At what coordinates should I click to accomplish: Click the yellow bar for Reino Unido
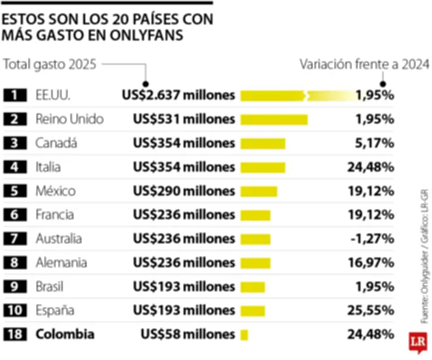click(x=274, y=119)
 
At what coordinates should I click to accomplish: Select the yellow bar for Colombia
click(x=244, y=335)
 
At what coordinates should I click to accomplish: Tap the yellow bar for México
click(x=259, y=191)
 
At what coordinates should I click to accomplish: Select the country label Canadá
click(x=56, y=143)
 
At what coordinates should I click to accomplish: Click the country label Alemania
click(x=61, y=263)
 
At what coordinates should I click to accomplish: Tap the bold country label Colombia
click(x=65, y=335)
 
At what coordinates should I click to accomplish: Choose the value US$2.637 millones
click(x=178, y=96)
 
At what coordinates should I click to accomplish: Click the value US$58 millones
click(x=187, y=335)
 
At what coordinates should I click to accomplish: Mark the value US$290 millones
click(x=184, y=191)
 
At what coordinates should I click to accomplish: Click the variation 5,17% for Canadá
click(x=374, y=143)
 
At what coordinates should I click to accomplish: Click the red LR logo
click(x=418, y=341)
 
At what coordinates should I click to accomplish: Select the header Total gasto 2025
click(x=50, y=65)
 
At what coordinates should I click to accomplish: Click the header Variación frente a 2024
click(x=364, y=65)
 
